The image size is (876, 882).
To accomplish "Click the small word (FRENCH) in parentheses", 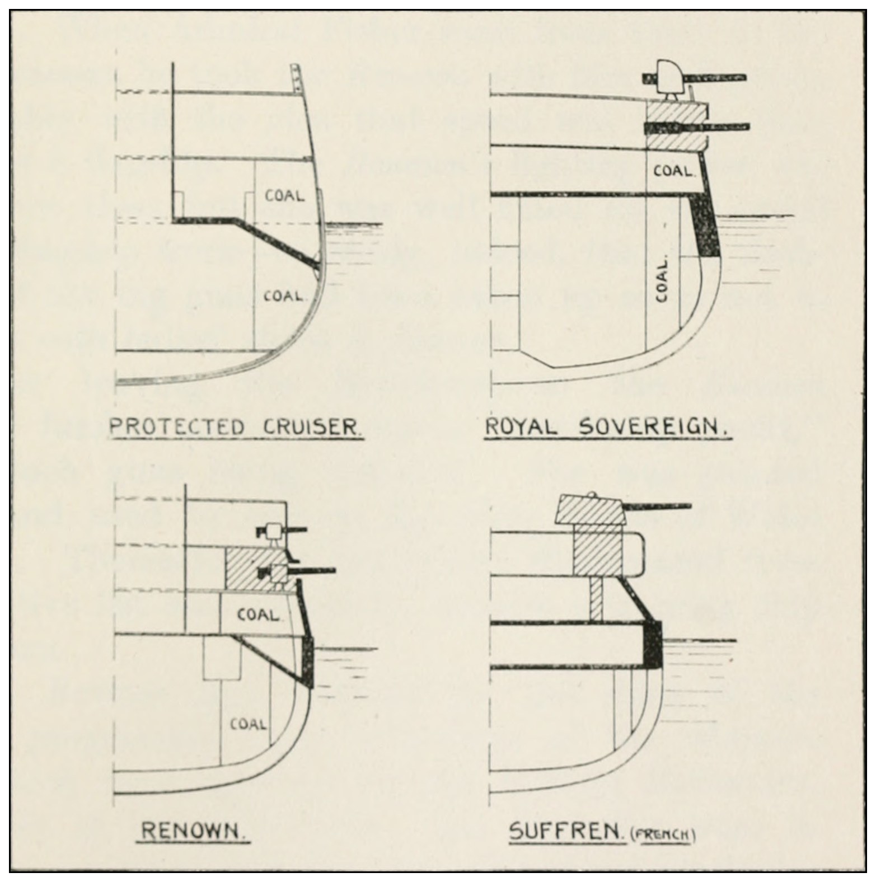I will coord(663,835).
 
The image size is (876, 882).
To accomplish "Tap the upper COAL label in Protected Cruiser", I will coord(285,196).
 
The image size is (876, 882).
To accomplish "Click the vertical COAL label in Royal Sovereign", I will coord(662,280).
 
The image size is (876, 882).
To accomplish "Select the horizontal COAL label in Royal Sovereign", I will coord(674,171).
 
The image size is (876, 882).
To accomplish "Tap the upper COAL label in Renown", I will coord(258,615).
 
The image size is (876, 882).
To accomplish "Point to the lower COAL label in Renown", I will coord(248,724).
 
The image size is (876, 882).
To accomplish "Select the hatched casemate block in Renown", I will coord(249,568).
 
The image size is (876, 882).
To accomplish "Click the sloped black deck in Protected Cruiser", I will coord(274,241).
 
